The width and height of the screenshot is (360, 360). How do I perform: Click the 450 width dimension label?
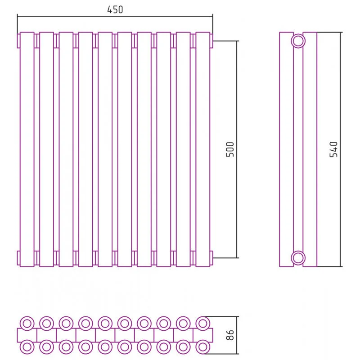[115, 9]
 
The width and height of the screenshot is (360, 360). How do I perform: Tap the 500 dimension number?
[230, 149]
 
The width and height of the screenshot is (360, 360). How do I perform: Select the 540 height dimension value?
[333, 149]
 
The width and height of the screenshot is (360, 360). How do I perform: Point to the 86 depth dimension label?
[230, 335]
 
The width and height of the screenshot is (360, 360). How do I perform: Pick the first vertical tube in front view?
[20, 149]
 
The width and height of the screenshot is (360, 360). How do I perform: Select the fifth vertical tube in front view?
[98, 149]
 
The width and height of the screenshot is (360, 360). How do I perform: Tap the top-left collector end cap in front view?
[18, 41]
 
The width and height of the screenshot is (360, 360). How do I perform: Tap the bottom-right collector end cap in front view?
[211, 258]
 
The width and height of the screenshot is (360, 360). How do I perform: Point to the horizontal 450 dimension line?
[115, 16]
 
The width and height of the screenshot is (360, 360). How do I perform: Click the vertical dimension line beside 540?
[341, 149]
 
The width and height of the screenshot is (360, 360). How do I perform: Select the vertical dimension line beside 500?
[237, 149]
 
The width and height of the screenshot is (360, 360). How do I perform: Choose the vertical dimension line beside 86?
[237, 335]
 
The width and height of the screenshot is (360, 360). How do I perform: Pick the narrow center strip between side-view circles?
[298, 149]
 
